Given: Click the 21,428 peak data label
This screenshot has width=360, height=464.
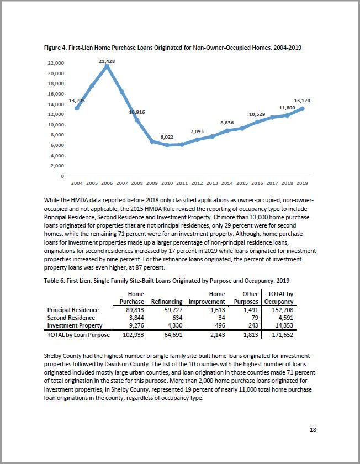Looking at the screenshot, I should pos(107,61).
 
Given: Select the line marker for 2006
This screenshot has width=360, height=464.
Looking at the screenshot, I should pos(107,66).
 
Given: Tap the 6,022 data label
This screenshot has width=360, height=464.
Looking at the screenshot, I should pos(167,137).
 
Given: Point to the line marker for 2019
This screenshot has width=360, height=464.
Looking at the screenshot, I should pos(302,108).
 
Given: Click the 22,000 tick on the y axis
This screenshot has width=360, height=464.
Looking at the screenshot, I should pos(56,64).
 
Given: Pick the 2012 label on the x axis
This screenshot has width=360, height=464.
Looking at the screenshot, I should pos(197,183).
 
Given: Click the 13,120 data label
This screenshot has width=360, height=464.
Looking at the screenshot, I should pos(301,101).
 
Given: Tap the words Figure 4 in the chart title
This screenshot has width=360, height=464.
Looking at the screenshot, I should pos(57,48).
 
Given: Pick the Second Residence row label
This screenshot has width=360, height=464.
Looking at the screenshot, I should pos(71,318).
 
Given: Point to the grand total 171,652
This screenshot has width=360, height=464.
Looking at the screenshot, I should pos(282,335).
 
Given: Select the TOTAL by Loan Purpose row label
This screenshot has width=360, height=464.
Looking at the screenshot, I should pos(78,335).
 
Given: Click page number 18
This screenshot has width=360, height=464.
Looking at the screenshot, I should pos(313,430).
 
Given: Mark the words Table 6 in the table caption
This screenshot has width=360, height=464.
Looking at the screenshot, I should pos(56,281).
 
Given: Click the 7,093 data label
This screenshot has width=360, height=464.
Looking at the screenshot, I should pos(197,131).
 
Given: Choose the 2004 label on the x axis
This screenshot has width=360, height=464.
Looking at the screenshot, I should pos(77,183).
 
